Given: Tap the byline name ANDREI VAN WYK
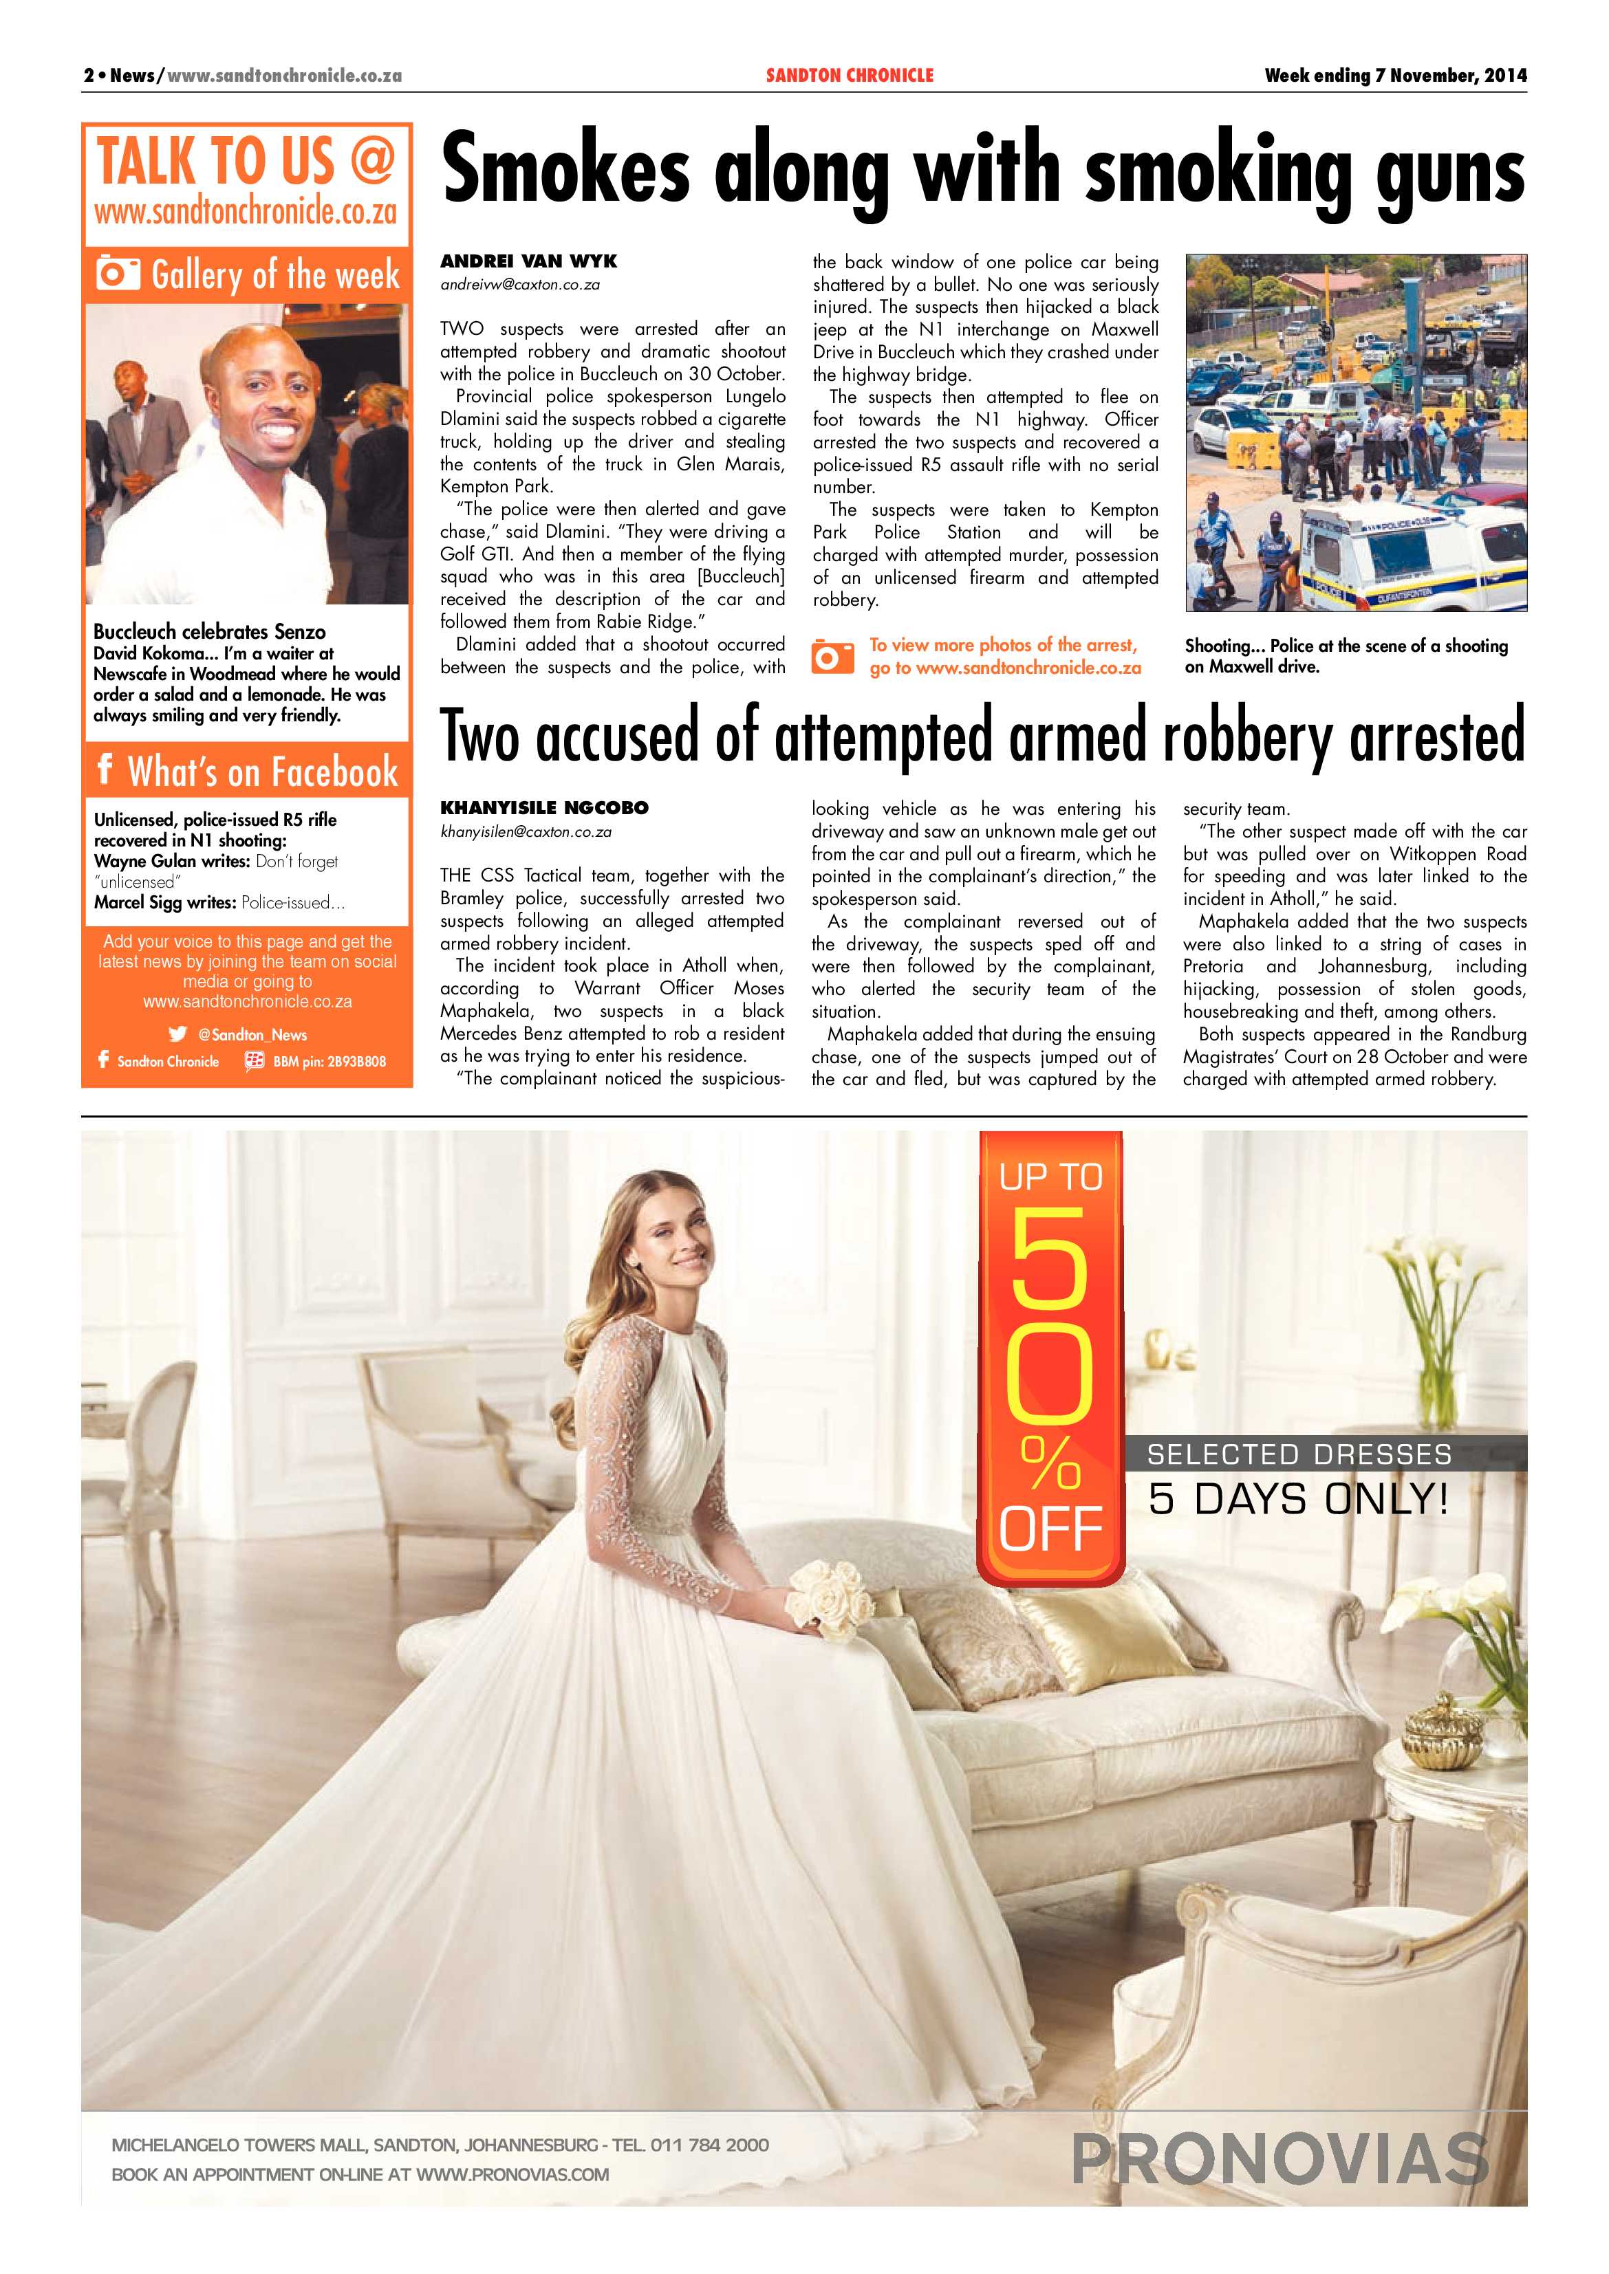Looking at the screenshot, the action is pos(528,261).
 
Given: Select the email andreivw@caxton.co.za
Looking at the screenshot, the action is pos(520,284).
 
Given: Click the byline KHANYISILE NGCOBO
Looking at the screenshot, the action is pos(544,808).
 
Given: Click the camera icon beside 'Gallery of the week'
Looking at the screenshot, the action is pos(118,274).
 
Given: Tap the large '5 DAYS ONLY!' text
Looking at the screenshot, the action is pos(1298,1498).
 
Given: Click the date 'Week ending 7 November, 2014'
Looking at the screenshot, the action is pos(1395,75).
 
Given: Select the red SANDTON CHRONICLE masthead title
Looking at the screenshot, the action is pos(849,75).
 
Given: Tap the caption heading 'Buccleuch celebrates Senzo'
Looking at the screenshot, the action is pos(209,631).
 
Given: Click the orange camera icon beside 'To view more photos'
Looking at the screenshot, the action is pos(832,655).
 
